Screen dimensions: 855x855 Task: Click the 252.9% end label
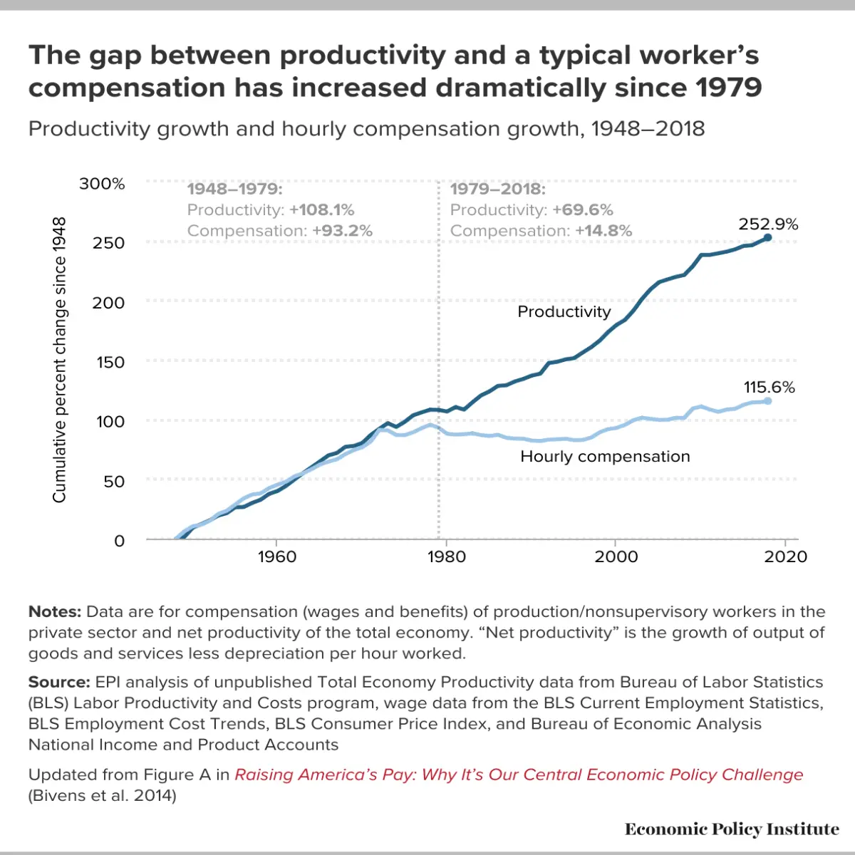768,224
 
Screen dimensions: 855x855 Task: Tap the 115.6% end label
769,388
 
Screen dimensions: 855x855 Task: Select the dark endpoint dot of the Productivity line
767,238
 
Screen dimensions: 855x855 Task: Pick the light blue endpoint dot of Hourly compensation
767,401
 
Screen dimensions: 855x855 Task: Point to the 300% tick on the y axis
102,183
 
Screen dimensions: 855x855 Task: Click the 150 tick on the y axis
110,363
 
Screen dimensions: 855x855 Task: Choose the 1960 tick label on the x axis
277,557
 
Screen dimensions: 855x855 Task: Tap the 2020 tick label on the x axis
785,557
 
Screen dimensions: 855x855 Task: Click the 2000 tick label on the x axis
616,557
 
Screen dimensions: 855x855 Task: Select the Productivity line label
564,312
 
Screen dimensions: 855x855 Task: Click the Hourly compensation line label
605,457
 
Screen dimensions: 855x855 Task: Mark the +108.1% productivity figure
322,210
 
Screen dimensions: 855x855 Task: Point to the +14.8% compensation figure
604,231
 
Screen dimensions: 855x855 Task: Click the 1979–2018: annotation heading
498,189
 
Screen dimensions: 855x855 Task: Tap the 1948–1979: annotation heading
234,189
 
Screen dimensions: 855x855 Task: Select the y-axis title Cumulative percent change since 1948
59,360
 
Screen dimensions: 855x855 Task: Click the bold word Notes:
55,611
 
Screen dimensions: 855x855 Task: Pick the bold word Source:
59,682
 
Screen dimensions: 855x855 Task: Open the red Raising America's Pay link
519,774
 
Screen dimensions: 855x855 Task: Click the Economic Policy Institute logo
732,829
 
